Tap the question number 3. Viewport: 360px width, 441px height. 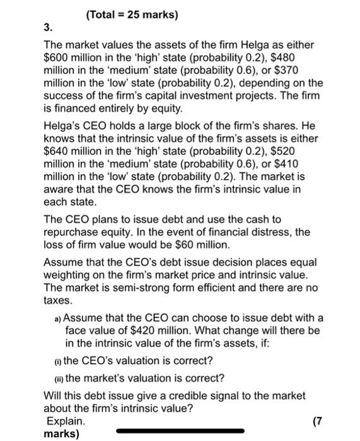(48, 28)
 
